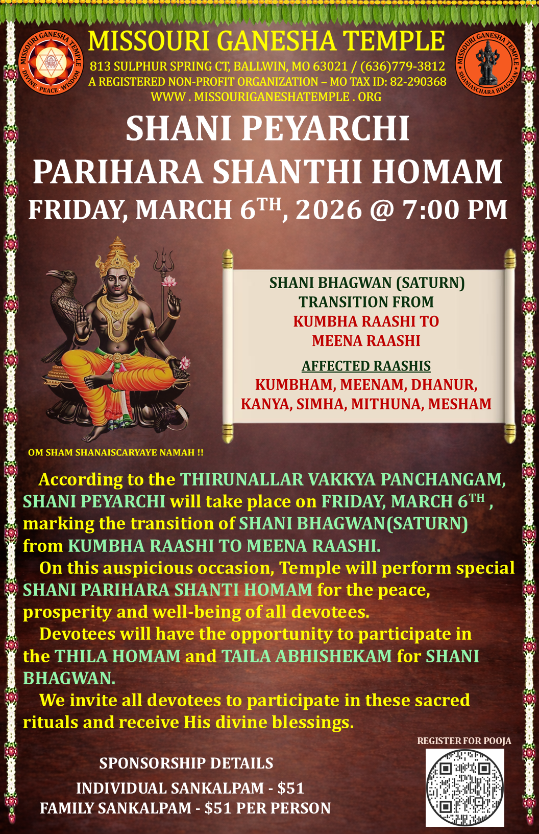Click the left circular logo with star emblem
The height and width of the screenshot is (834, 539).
[x=51, y=62]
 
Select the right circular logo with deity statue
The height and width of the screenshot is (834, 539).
[x=488, y=62]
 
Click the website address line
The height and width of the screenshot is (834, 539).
[x=266, y=97]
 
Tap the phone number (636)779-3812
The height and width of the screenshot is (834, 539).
[x=403, y=66]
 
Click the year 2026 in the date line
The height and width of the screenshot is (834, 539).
[x=329, y=210]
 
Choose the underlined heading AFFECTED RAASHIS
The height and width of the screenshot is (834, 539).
[x=366, y=366]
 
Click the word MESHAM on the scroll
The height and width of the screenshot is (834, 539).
[x=459, y=404]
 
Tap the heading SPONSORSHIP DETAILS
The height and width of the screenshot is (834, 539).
[x=186, y=763]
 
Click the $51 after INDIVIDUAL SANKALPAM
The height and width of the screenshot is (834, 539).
[x=291, y=788]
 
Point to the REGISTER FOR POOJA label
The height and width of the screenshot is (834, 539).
[x=464, y=740]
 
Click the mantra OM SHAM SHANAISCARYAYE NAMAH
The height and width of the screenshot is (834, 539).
[x=116, y=453]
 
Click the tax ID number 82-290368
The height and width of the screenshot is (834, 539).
[x=418, y=82]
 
